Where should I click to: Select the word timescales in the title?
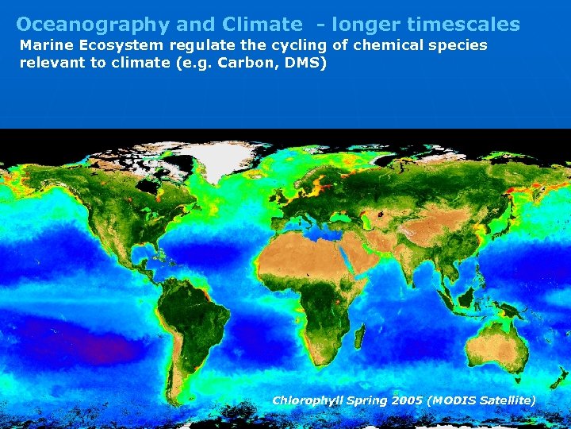pos(463,25)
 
